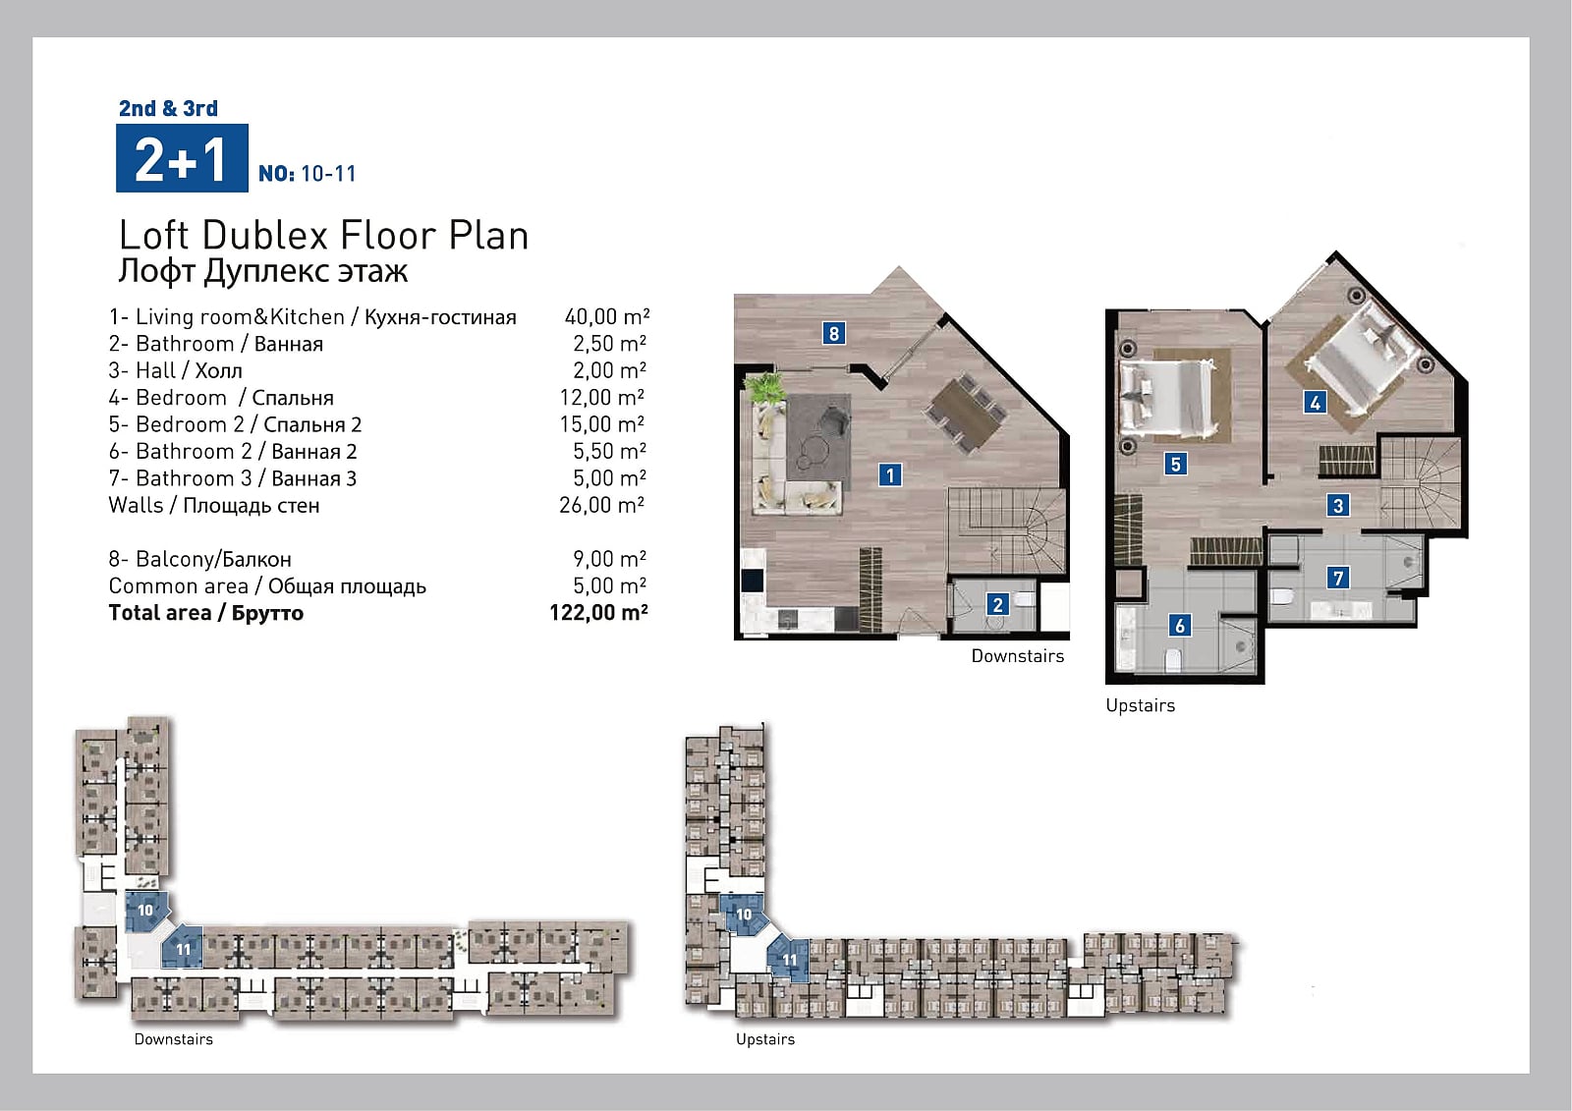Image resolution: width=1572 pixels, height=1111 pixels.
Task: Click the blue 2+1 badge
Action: click(182, 158)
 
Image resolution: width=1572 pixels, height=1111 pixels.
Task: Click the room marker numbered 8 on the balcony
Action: click(834, 333)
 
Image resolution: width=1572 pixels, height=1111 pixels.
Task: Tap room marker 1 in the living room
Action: click(890, 475)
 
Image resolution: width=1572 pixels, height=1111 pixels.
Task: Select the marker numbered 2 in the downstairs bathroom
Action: click(997, 604)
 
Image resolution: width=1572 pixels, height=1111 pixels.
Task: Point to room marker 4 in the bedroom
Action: click(1316, 402)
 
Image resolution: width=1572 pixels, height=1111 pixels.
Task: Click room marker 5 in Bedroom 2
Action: click(1175, 464)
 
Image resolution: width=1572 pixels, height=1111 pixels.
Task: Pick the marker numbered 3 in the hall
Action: click(1337, 505)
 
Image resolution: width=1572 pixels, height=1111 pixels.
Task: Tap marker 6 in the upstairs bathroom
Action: click(1180, 625)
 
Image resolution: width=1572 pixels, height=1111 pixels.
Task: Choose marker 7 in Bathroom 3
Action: click(1338, 578)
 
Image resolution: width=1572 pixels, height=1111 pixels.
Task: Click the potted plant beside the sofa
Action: click(764, 387)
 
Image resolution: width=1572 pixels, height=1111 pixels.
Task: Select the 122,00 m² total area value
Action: click(598, 613)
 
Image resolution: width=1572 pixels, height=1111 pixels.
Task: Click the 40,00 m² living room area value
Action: click(607, 316)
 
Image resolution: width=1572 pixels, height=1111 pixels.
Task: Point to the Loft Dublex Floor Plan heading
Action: click(323, 235)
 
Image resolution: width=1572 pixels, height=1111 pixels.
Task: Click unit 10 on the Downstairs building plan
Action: click(146, 911)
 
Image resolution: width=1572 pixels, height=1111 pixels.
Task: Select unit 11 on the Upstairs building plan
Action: click(789, 959)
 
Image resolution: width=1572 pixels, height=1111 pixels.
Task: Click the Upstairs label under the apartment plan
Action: click(1141, 705)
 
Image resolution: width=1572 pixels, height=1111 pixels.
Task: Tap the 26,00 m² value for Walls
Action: click(602, 505)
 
